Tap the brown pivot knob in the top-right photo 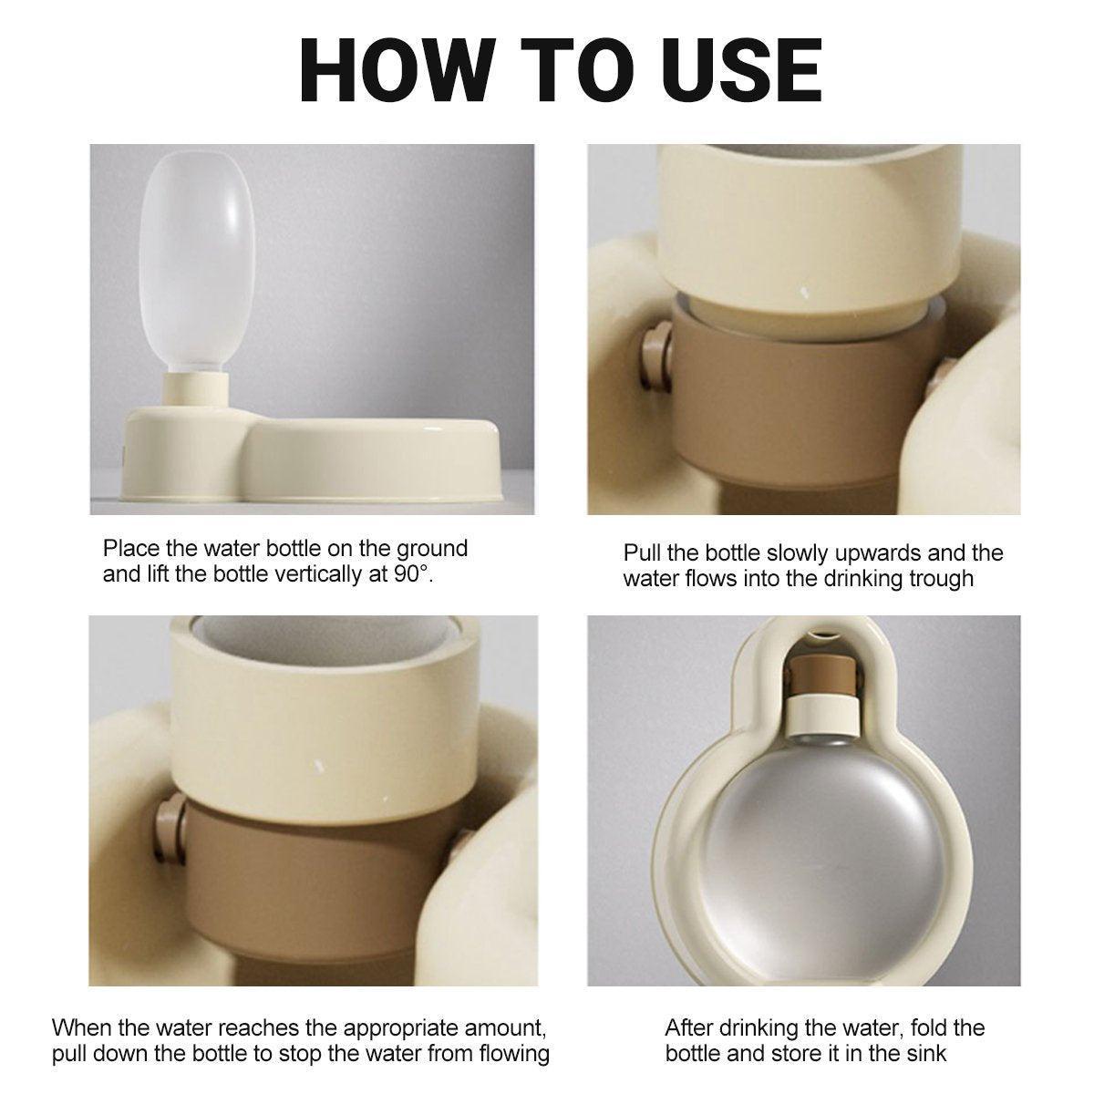point(656,356)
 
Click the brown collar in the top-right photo point(806,397)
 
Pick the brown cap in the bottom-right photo point(822,676)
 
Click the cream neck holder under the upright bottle point(197,389)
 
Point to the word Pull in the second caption point(642,553)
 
